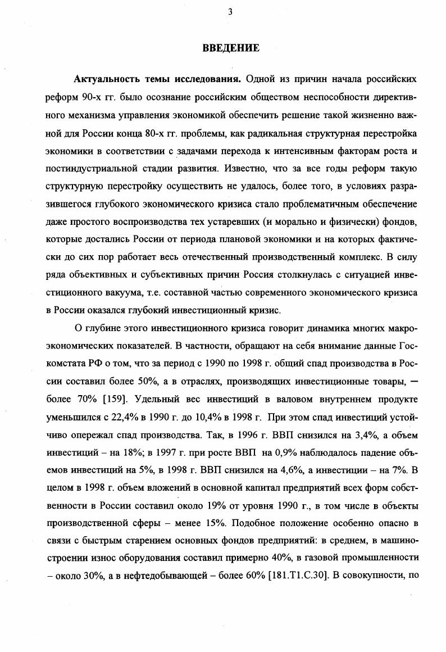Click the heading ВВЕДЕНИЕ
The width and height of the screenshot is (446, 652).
(x=231, y=48)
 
